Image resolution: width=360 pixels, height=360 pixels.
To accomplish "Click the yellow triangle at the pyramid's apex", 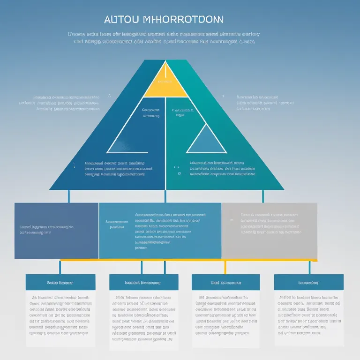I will tap(165, 82).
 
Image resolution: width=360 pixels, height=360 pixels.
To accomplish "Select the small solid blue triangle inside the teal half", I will tap(206, 141).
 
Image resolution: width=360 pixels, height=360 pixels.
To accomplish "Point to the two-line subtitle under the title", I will tap(164, 37).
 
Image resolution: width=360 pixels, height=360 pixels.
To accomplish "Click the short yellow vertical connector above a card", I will tap(225, 267).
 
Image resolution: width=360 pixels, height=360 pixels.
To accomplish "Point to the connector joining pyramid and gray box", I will tap(262, 196).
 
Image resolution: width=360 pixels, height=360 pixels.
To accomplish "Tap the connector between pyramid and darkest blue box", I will tap(68, 196).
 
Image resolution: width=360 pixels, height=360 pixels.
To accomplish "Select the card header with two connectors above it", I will tap(143, 282).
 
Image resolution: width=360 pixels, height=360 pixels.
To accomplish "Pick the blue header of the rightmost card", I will tap(308, 282).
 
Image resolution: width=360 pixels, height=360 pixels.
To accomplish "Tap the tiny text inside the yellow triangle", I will tap(165, 81).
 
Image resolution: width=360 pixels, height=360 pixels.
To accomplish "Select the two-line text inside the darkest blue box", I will tap(46, 229).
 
